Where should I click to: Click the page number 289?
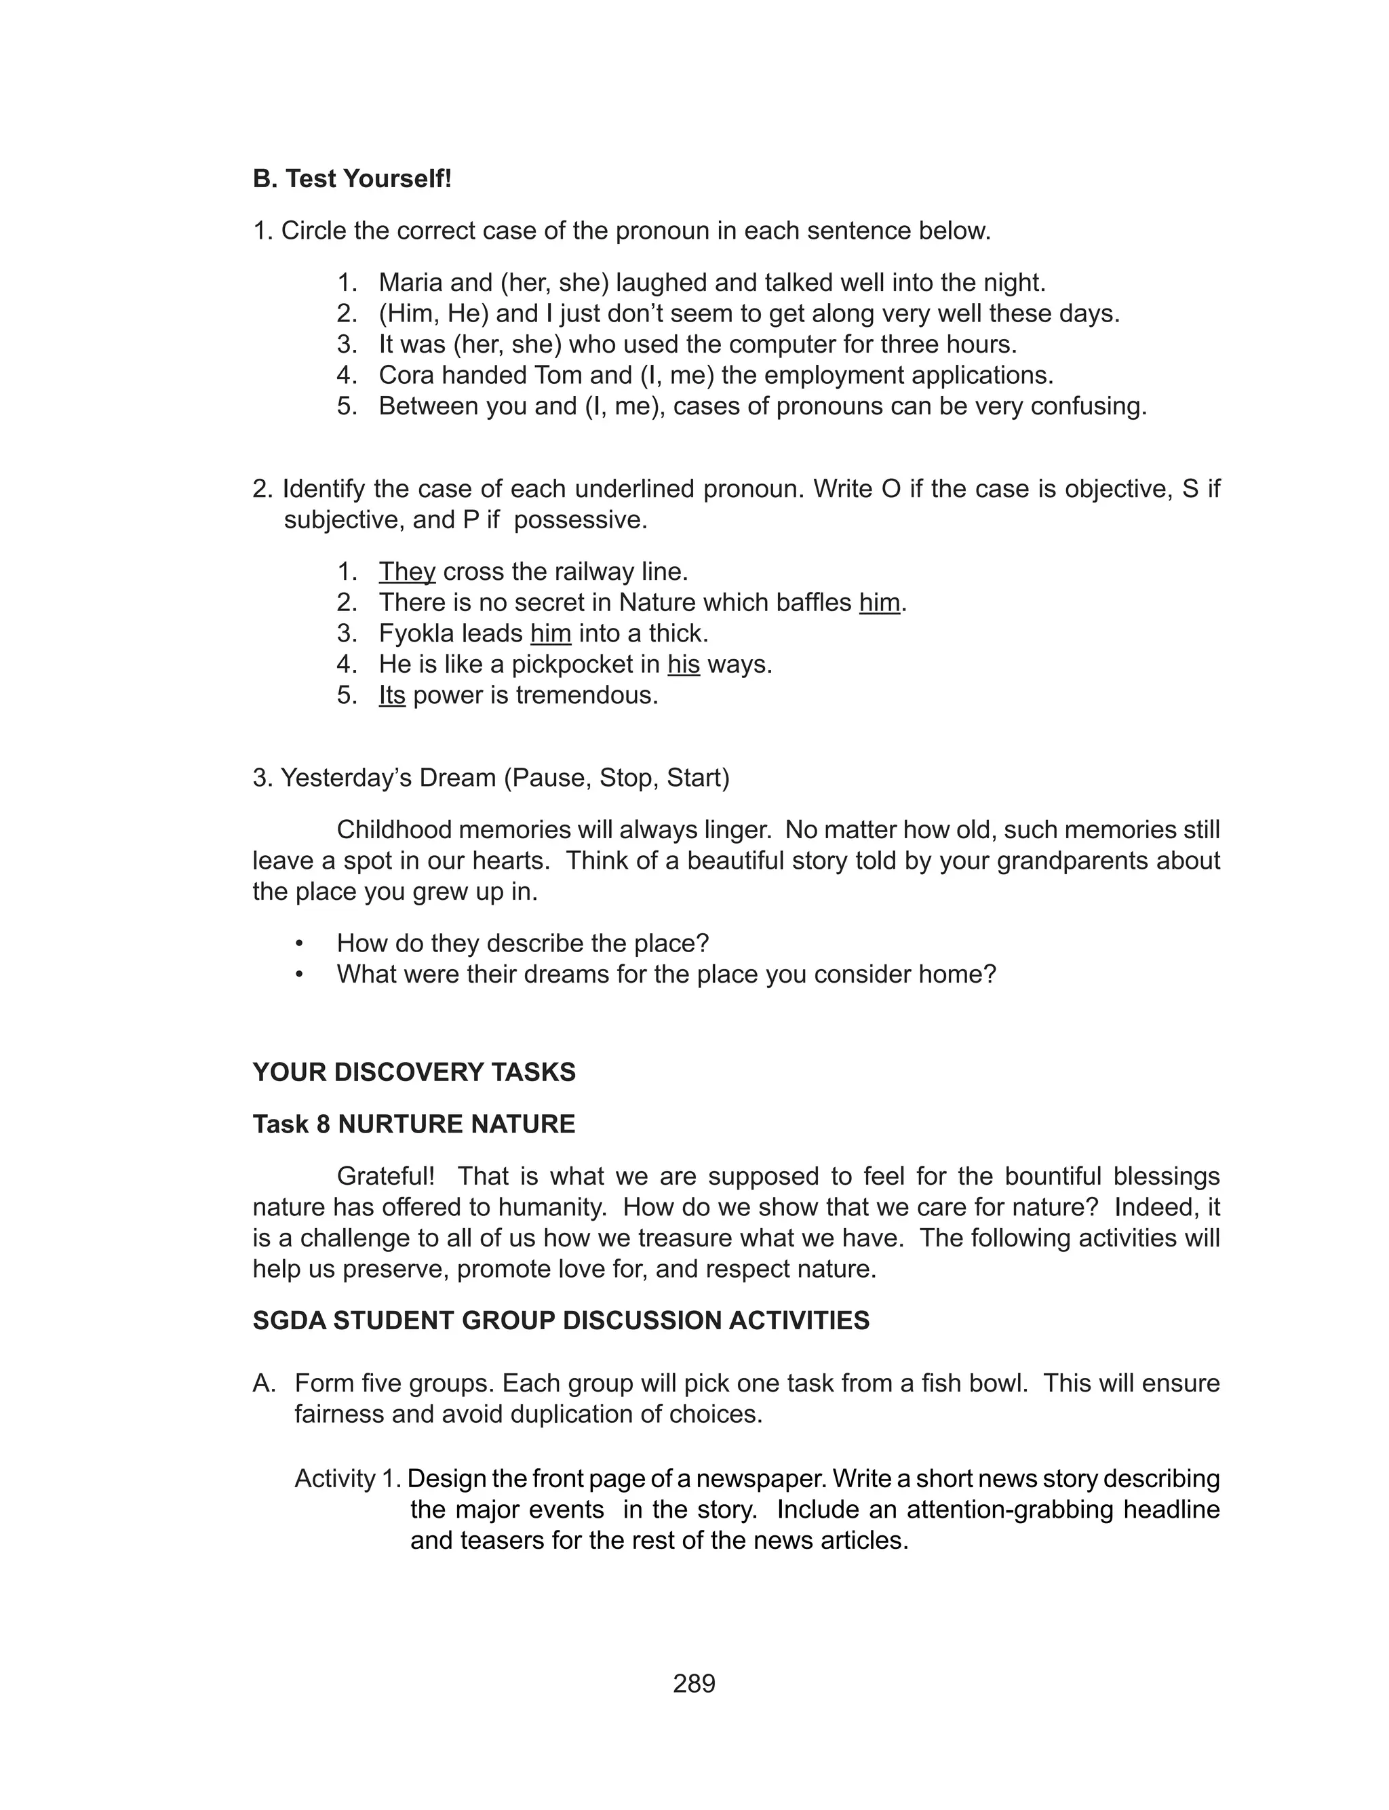tap(694, 1683)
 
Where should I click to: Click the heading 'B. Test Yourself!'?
tap(352, 178)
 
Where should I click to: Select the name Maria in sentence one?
tap(410, 283)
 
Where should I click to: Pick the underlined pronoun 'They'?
tap(407, 571)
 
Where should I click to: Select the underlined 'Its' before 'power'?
tap(392, 695)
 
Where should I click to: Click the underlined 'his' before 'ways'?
tap(684, 665)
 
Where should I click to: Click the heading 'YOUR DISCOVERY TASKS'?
tap(414, 1072)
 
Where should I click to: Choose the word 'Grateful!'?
tap(385, 1175)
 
